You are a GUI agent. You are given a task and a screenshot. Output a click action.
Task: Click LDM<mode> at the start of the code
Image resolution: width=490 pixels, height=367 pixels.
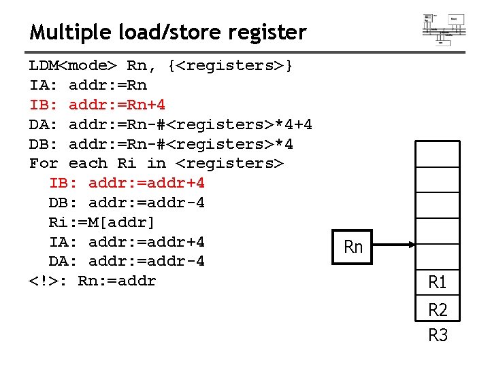coord(73,66)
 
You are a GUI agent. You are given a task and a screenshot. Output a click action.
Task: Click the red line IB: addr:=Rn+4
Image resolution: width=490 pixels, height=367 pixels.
coord(97,105)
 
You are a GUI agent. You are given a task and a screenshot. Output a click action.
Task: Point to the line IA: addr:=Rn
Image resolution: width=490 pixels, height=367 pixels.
coord(88,86)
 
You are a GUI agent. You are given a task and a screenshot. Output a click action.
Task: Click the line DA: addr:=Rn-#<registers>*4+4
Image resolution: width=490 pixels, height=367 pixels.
coord(170,125)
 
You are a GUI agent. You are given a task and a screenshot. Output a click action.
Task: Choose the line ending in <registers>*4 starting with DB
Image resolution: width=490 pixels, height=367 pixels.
coord(161,145)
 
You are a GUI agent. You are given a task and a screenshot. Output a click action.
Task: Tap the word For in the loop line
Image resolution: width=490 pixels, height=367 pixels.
coord(44,164)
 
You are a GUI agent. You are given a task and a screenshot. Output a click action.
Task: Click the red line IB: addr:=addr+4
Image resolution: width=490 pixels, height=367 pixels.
coord(127,183)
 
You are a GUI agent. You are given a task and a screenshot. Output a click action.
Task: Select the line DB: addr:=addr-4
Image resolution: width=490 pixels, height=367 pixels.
coord(127,203)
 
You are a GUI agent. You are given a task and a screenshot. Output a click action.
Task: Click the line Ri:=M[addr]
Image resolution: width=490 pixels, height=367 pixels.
coord(102,222)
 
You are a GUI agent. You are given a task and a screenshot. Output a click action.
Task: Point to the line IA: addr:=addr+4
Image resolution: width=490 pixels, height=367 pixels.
coord(127,242)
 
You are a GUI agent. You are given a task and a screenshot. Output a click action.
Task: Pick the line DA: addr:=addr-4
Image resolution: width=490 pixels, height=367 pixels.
coord(127,262)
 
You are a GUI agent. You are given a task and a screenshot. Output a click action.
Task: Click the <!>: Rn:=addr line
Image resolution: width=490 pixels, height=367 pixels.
coord(93,281)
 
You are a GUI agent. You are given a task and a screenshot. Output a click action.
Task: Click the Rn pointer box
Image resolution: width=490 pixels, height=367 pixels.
coord(353,247)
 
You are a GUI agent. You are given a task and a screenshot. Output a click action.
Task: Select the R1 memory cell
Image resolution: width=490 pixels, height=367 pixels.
coord(438,281)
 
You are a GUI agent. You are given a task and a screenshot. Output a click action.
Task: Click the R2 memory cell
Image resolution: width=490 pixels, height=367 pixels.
coord(438,310)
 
